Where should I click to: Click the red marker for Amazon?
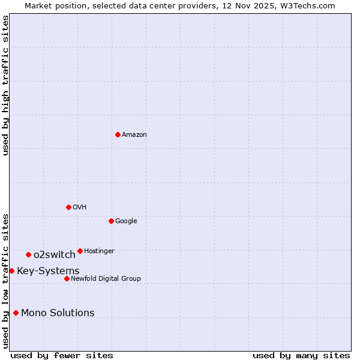coord(118,134)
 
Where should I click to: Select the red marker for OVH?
coord(68,207)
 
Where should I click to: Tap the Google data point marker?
coord(111,221)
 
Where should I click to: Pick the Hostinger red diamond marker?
coord(80,251)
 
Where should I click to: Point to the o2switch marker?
coord(28,255)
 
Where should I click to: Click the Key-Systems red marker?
coord(11,271)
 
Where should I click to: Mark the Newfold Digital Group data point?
coord(67,278)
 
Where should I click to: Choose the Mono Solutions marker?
coord(16,313)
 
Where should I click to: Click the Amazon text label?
coord(134,134)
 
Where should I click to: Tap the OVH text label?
coord(80,207)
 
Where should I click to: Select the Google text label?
coord(126,221)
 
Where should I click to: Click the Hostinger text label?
coord(99,251)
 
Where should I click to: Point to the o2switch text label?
coord(55,255)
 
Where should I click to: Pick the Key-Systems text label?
coord(48,271)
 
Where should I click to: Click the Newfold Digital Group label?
coord(106,278)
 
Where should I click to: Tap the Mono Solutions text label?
coord(58,313)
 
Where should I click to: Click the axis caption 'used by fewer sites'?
coord(62,355)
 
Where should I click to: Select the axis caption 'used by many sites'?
coord(301,355)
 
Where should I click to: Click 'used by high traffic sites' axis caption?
coord(5,85)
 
